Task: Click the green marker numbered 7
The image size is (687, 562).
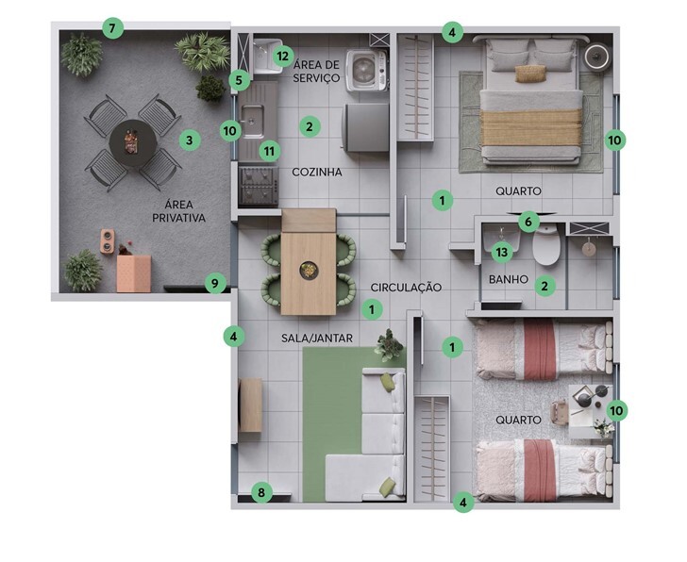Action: point(112,29)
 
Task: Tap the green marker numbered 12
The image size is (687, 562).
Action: point(283,56)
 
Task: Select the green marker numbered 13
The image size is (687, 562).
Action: point(502,252)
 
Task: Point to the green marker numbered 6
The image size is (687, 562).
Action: point(528,222)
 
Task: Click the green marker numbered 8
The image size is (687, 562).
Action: point(261,493)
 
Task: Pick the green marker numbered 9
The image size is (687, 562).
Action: point(215,283)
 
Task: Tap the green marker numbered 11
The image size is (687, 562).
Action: point(270,152)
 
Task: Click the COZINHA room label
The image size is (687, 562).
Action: point(317,172)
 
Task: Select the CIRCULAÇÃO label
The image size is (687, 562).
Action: point(406,287)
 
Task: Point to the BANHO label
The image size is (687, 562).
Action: point(509,279)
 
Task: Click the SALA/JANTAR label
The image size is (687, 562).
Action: point(317,338)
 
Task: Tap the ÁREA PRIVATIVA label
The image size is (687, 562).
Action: point(178,211)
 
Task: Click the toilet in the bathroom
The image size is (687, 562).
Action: point(546,244)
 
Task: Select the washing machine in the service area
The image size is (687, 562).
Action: point(367,71)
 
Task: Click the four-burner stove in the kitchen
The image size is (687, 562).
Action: point(259,186)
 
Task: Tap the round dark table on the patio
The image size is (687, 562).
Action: point(133,142)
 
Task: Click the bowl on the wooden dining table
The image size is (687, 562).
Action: point(310,270)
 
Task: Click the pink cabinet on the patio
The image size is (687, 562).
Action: point(134,273)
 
